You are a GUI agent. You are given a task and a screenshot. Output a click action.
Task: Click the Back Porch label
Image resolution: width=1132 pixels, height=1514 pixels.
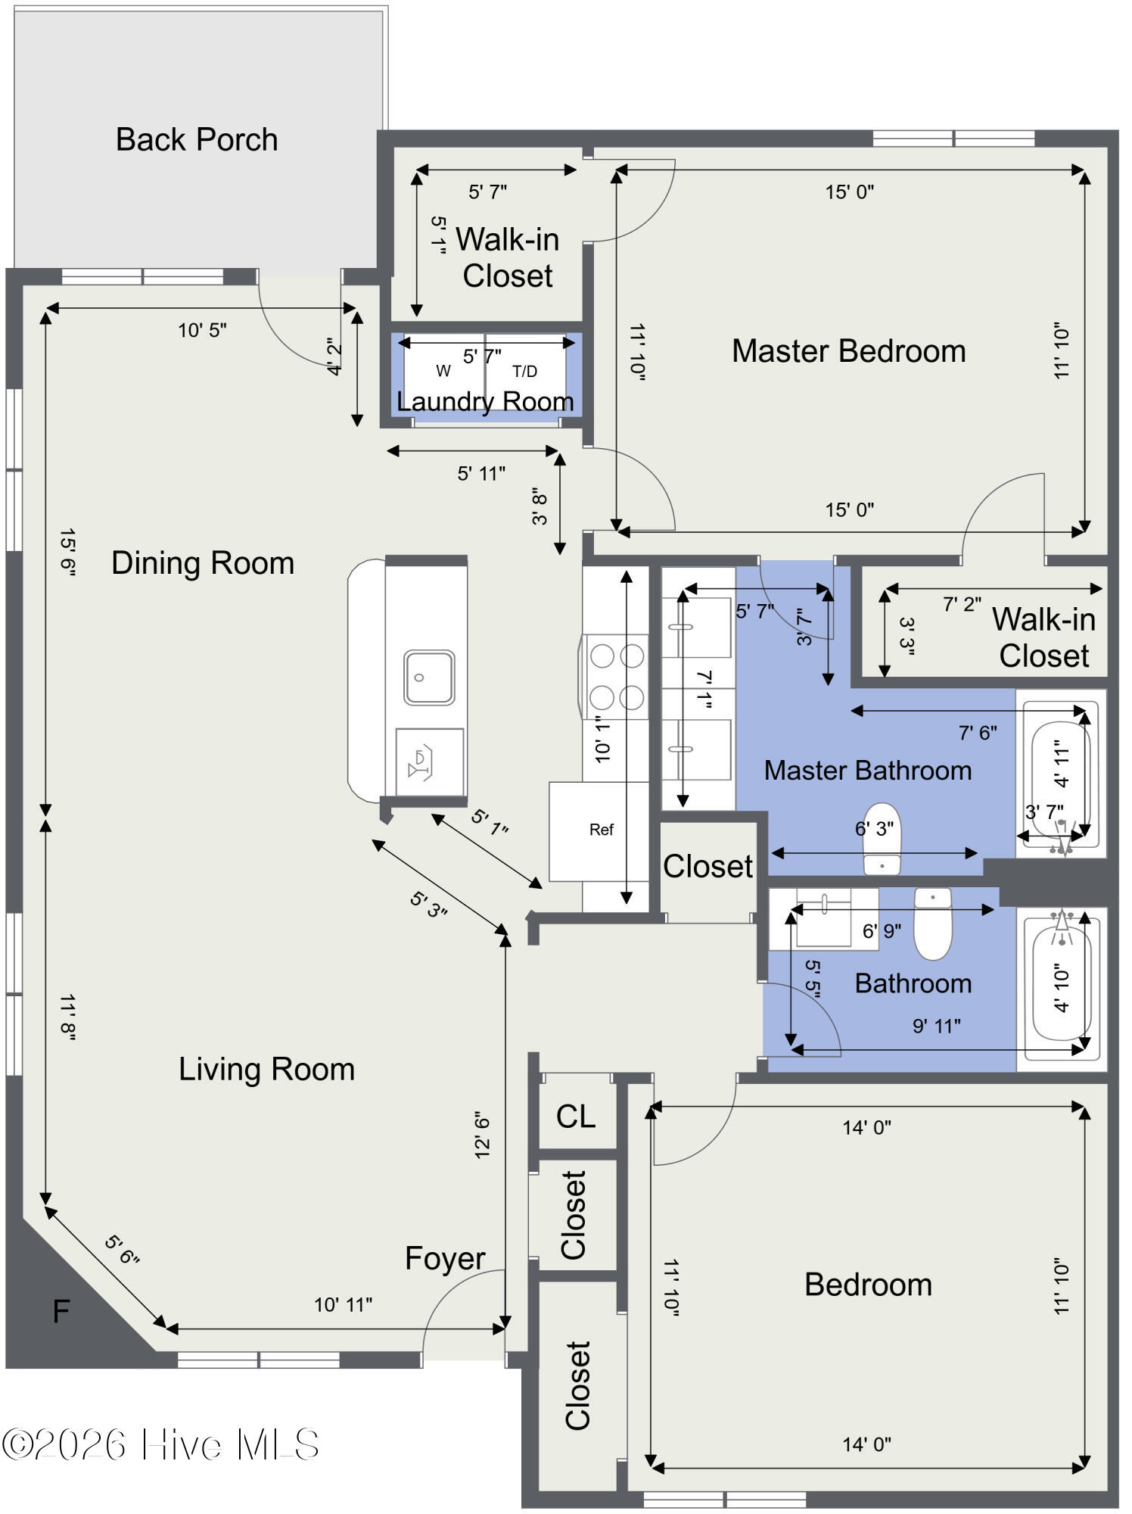pyautogui.click(x=197, y=140)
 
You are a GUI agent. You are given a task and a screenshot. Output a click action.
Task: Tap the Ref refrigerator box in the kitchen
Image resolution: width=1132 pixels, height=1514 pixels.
pyautogui.click(x=601, y=830)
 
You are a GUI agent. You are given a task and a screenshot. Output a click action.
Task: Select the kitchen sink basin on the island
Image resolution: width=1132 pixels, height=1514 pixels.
pyautogui.click(x=429, y=678)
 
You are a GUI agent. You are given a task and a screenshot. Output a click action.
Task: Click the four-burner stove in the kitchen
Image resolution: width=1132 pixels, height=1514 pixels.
pyautogui.click(x=616, y=676)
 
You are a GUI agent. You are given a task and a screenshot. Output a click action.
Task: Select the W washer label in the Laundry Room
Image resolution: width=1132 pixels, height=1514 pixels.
pyautogui.click(x=443, y=371)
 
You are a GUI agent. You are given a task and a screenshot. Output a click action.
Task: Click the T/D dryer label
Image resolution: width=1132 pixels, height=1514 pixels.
pyautogui.click(x=524, y=371)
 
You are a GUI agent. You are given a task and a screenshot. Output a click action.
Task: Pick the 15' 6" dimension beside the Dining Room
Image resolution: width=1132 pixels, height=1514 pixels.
pyautogui.click(x=67, y=553)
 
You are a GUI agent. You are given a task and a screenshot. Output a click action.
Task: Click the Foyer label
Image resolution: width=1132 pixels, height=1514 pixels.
pyautogui.click(x=445, y=1259)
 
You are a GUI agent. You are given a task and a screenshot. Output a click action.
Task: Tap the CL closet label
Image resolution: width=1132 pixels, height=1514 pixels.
pyautogui.click(x=576, y=1117)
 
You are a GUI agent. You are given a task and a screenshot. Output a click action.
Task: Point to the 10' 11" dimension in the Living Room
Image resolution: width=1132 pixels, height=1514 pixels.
pyautogui.click(x=344, y=1304)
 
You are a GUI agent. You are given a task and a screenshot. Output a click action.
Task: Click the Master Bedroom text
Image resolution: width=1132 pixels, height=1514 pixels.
pyautogui.click(x=848, y=351)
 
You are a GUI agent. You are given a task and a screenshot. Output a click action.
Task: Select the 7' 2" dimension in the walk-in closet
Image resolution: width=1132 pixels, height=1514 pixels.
pyautogui.click(x=962, y=604)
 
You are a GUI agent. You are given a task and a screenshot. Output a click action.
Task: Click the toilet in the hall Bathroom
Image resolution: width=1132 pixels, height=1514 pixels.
pyautogui.click(x=933, y=925)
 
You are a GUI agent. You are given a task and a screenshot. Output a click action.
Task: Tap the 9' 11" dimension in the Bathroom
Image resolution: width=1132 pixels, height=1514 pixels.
pyautogui.click(x=936, y=1026)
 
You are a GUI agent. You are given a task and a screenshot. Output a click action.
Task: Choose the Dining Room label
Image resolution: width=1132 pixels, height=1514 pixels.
pyautogui.click(x=203, y=563)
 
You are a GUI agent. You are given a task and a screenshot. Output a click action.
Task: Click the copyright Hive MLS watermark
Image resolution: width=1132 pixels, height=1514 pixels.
pyautogui.click(x=160, y=1444)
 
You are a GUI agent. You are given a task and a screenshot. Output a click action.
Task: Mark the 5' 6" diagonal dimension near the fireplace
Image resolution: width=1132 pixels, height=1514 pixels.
pyautogui.click(x=122, y=1250)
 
